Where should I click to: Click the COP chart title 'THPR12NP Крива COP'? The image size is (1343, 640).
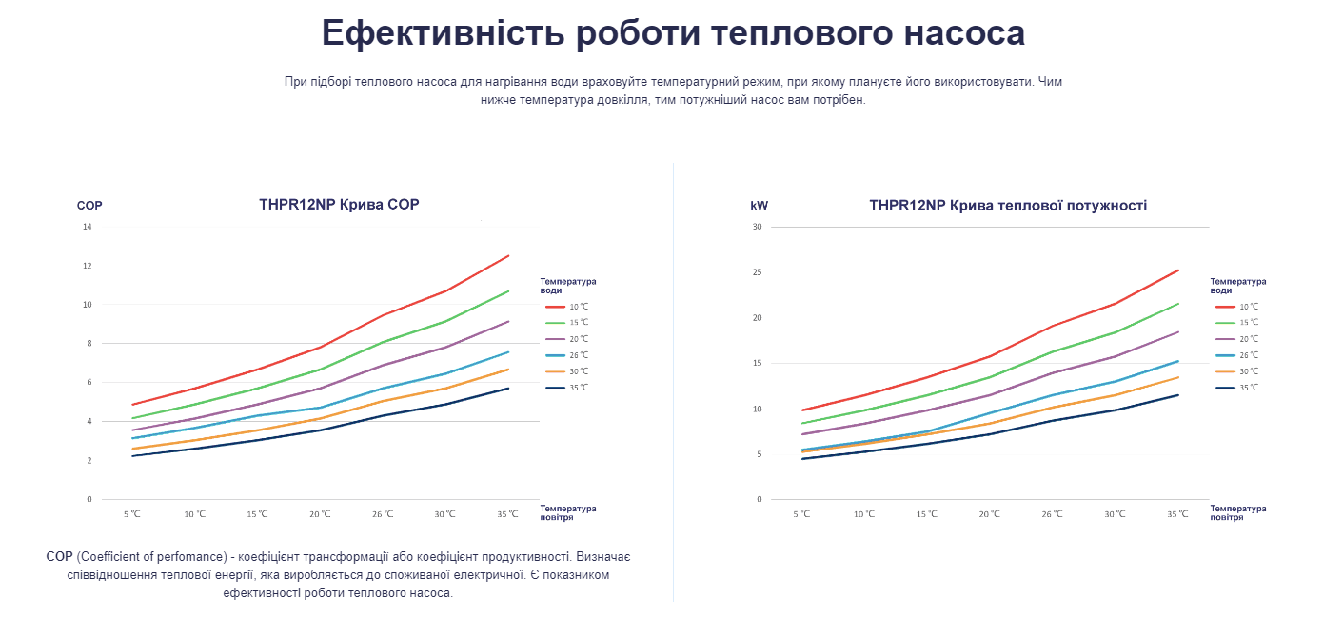click(339, 204)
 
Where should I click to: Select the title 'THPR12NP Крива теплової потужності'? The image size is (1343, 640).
click(1008, 205)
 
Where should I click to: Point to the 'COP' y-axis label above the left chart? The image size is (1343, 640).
click(89, 206)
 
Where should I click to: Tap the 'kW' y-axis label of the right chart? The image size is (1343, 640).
click(759, 206)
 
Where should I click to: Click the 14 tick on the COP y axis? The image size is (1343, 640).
click(88, 227)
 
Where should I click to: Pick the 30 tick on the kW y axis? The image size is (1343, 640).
click(758, 227)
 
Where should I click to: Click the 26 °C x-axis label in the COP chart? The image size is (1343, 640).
click(383, 514)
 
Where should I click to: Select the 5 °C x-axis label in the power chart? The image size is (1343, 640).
click(801, 514)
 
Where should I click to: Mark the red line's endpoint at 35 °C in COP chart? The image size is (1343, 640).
click(509, 255)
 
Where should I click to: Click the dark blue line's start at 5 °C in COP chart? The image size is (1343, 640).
click(132, 456)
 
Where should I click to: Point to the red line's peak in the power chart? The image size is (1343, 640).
click(1178, 270)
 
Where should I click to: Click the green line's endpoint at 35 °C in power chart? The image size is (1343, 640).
click(1178, 304)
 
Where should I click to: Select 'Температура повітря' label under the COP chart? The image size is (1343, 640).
click(569, 512)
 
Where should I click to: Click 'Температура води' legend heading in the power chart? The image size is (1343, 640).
click(1237, 286)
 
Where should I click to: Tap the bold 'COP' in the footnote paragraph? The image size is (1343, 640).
click(59, 556)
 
